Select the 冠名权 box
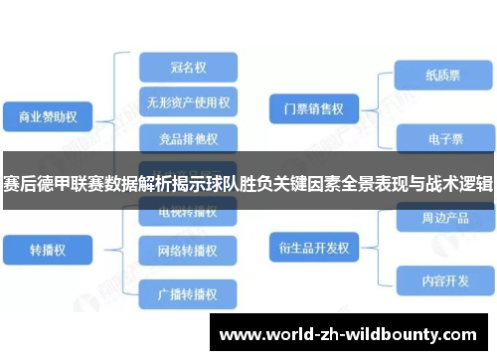pyautogui.click(x=188, y=69)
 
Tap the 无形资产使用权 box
pyautogui.click(x=188, y=102)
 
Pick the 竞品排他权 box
pyautogui.click(x=188, y=136)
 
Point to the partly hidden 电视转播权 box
pyautogui.click(x=188, y=212)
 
